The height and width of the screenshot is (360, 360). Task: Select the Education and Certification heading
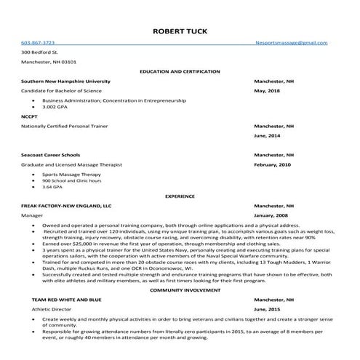click(180, 72)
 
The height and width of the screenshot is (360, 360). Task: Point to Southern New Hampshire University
click(66, 81)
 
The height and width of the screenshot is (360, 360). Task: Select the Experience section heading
click(180, 196)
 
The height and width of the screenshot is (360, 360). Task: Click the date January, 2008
click(272, 216)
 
